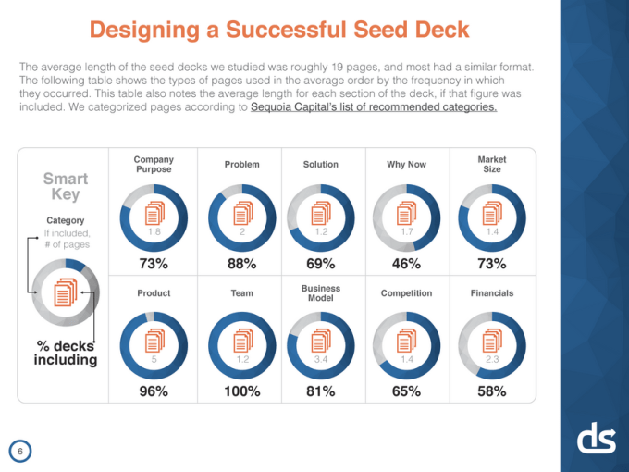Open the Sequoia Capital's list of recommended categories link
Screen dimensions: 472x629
coord(373,107)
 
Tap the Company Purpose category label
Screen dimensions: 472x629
coord(154,164)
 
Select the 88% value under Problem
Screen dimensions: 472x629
coord(241,264)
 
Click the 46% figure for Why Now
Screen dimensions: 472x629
coord(406,264)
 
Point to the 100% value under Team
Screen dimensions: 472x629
coord(241,391)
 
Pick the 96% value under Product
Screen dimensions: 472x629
coord(154,391)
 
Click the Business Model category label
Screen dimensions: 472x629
coord(321,293)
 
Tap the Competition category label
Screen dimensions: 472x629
coord(406,293)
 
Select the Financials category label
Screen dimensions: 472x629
coord(491,293)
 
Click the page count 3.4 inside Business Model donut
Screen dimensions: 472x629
coord(321,358)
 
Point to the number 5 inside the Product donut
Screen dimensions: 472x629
coord(154,358)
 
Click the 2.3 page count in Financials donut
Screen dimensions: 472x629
coord(491,358)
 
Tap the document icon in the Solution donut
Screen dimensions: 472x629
coord(321,212)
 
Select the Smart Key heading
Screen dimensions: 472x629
coord(66,186)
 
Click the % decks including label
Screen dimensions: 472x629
coord(66,353)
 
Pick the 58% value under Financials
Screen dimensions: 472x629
coord(491,391)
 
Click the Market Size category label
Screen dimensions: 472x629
coord(491,164)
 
